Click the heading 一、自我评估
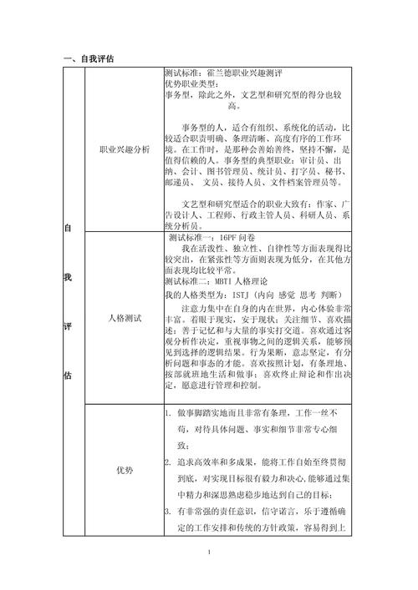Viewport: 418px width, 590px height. pyautogui.click(x=89, y=58)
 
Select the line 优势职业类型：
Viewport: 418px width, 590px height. pyautogui.click(x=193, y=84)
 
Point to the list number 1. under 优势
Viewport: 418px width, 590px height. pyautogui.click(x=168, y=413)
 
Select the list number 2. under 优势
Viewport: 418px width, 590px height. pyautogui.click(x=168, y=461)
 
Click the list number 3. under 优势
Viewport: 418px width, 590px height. pyautogui.click(x=168, y=511)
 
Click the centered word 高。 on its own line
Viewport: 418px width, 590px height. pyautogui.click(x=234, y=106)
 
